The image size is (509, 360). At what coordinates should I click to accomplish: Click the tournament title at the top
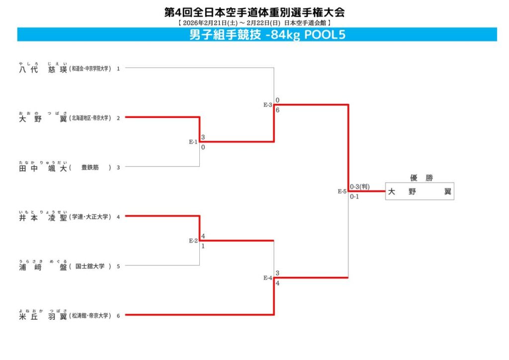(254, 12)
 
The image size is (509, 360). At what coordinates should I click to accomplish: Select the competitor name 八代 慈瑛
(43, 69)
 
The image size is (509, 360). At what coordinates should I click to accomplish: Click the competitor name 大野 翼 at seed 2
(43, 118)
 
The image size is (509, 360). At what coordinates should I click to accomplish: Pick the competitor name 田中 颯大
(43, 168)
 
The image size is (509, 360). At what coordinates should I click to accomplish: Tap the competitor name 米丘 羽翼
(43, 316)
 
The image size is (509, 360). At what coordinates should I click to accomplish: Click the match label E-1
(193, 142)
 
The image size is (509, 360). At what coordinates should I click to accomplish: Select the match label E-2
(193, 241)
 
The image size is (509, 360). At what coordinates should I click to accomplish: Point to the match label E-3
(268, 105)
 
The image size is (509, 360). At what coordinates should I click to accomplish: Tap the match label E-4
(268, 278)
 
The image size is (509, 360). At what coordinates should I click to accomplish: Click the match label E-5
(342, 191)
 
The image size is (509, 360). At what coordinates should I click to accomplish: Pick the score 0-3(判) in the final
(359, 186)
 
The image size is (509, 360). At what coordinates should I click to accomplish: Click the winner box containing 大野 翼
(420, 191)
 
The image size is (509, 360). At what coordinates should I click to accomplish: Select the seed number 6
(118, 316)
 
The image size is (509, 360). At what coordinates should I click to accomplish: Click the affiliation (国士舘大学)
(90, 267)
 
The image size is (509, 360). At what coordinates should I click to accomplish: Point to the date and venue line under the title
(254, 23)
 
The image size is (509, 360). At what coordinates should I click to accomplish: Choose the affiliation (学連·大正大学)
(90, 217)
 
